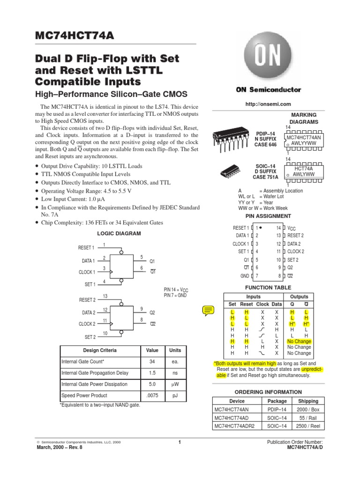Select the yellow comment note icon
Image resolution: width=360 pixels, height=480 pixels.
(208, 310)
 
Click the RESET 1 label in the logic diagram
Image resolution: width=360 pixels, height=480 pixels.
(87, 248)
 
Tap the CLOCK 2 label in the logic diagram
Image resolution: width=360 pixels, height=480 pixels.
(87, 324)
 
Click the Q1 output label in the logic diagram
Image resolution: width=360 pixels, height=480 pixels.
(152, 261)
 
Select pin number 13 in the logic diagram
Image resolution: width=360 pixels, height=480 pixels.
(105, 296)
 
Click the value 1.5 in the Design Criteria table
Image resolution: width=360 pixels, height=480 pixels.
(152, 373)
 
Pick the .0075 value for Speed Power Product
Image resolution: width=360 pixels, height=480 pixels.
(152, 396)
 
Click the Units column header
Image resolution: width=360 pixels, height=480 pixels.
(175, 351)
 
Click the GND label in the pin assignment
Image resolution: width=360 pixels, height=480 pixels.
(245, 276)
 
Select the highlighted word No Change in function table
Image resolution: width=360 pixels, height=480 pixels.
(299, 342)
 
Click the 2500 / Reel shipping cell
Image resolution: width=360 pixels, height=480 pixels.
(308, 426)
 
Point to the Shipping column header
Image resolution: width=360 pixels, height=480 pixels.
(308, 401)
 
